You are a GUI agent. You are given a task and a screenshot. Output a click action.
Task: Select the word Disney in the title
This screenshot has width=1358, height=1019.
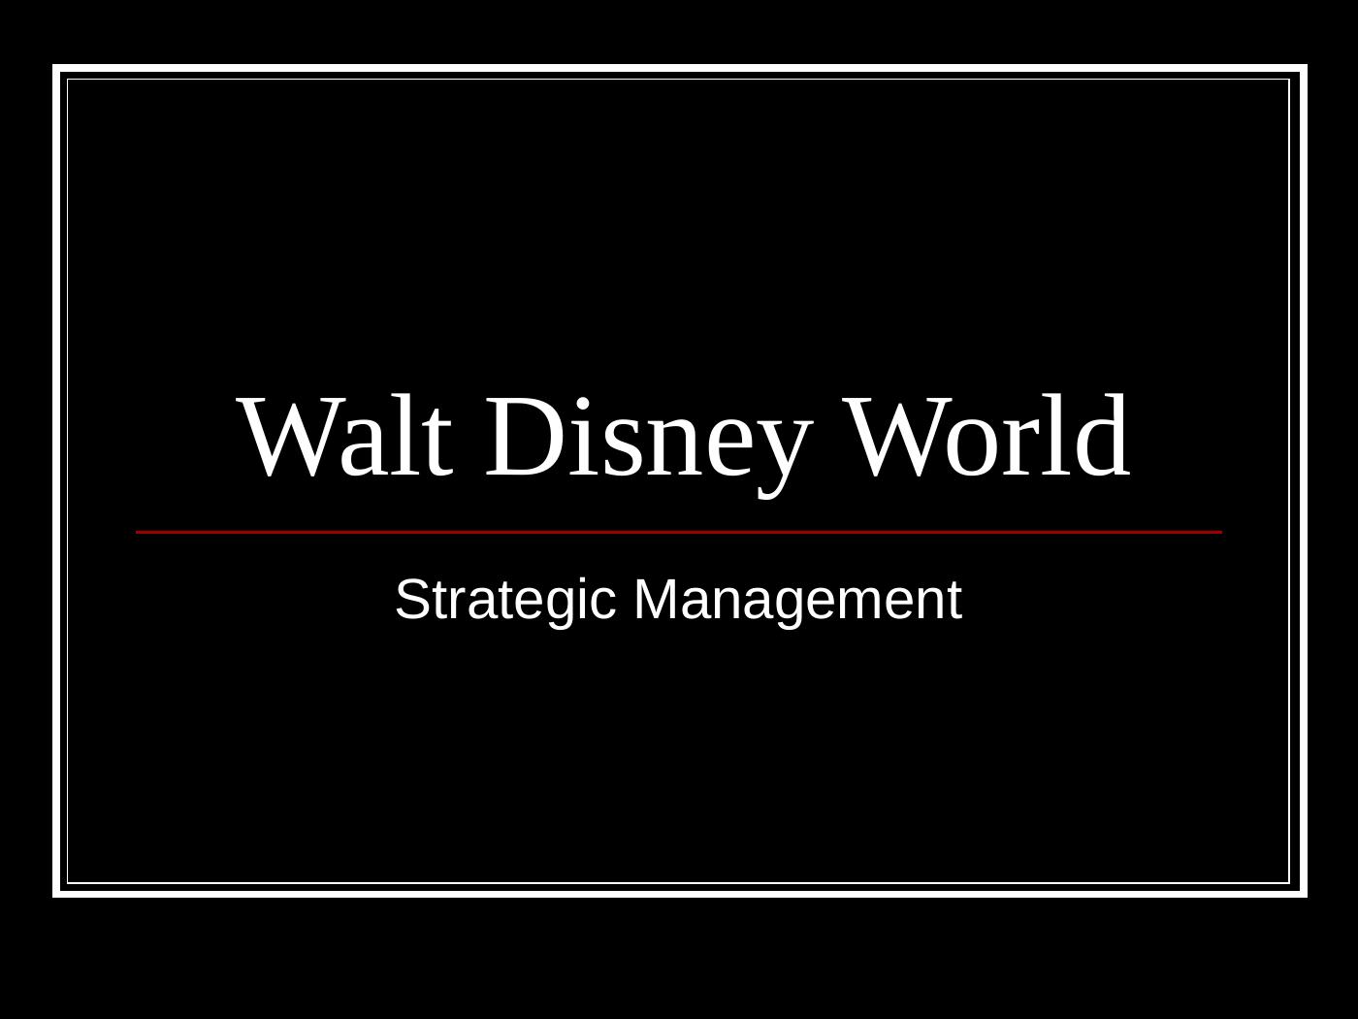coord(644,439)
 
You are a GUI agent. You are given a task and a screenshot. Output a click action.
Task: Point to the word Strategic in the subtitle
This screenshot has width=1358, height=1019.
coord(505,600)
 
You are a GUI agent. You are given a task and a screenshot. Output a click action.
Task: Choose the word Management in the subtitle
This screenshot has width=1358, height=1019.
coord(797,600)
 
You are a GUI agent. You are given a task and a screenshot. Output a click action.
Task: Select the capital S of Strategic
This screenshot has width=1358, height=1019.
coord(411,599)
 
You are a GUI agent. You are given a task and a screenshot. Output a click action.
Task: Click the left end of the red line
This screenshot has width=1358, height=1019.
coord(138,532)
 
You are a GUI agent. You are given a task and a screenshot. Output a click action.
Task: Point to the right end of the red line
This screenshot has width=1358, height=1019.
coord(1220,532)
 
